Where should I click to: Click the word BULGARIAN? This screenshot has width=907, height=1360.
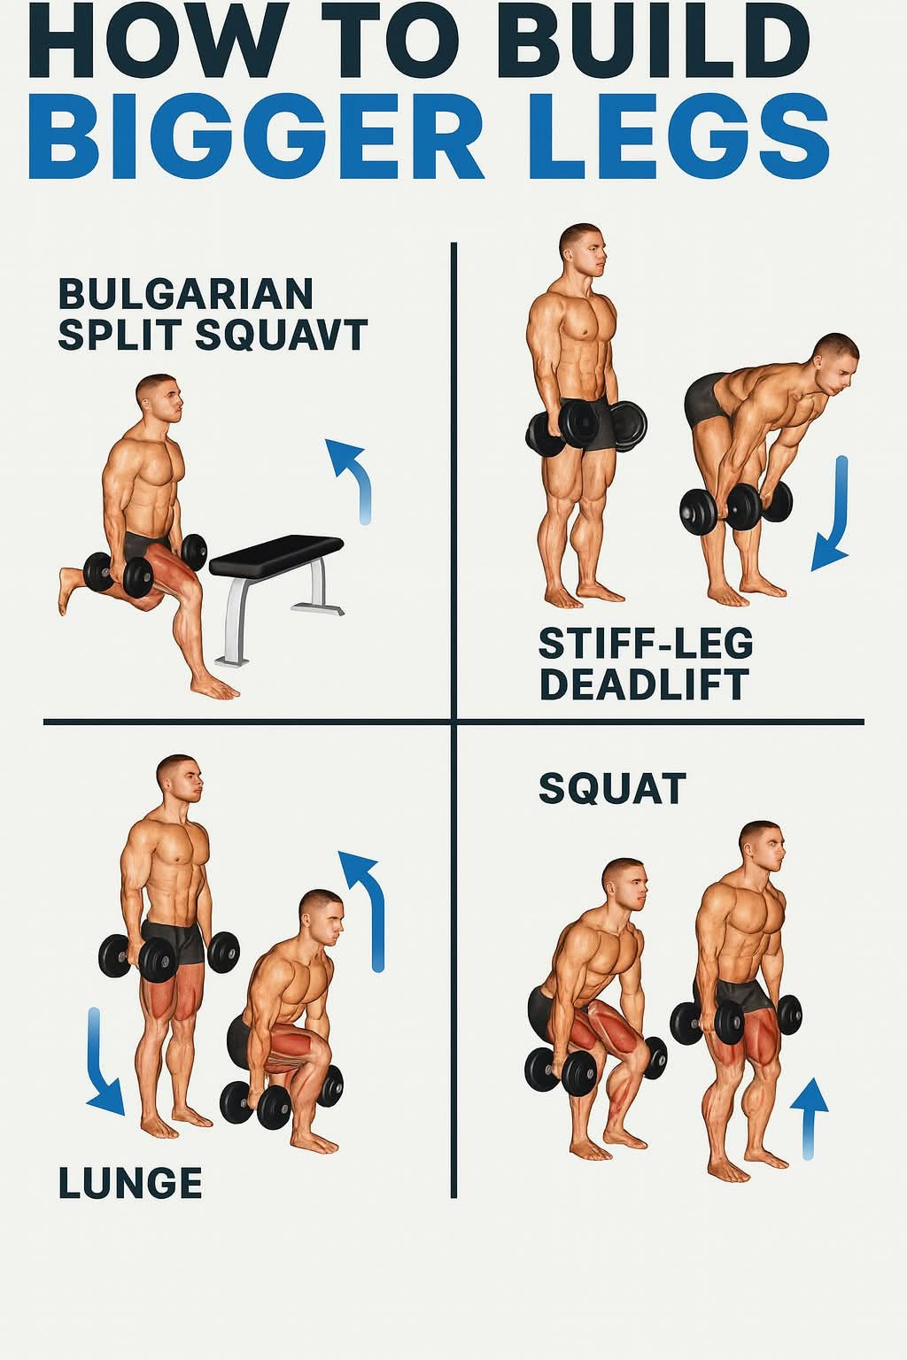pos(185,294)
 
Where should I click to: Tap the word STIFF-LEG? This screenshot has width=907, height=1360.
pos(646,643)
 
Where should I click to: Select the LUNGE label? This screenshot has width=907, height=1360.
pos(130,1182)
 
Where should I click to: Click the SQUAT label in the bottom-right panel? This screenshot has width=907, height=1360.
pos(612,788)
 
